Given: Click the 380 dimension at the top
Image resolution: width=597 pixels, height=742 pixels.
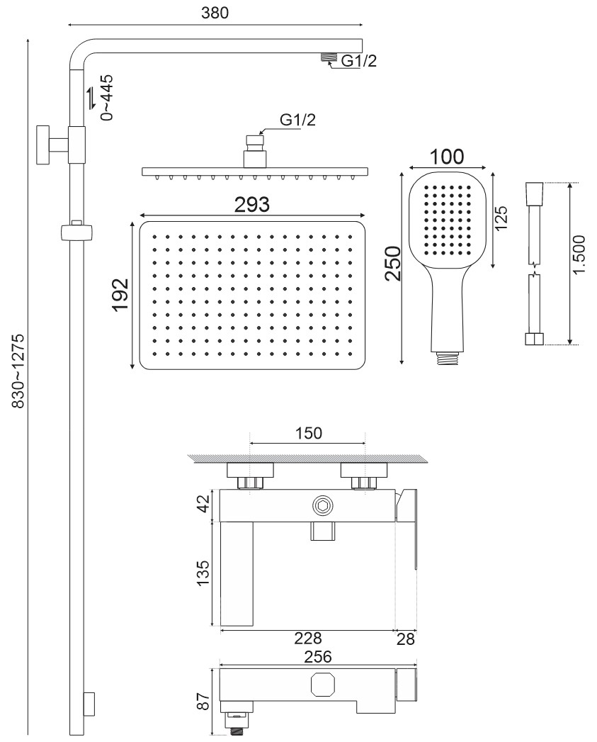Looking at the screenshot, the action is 215,13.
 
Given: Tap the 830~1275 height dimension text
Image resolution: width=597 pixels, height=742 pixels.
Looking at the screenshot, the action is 18,371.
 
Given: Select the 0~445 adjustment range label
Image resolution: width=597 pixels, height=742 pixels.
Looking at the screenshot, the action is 108,97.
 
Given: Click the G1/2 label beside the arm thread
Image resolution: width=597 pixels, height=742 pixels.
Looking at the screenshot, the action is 359,60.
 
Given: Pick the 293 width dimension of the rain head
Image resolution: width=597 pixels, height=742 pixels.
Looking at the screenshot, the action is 252,204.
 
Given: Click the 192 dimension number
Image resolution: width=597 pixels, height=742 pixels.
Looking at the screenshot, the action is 120,294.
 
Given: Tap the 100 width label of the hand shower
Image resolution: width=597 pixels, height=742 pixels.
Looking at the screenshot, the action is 447,157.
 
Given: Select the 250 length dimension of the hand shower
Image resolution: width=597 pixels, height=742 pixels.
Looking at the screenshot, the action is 392,264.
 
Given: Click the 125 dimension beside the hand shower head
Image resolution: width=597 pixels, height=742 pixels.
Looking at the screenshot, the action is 501,218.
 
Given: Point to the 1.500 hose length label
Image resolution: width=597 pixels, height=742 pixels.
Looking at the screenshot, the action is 579,254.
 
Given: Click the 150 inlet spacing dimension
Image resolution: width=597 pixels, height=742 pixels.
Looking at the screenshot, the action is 309,433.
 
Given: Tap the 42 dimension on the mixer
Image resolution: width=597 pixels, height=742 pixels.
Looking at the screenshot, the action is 203,503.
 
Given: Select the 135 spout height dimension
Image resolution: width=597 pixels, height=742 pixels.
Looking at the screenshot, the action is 203,573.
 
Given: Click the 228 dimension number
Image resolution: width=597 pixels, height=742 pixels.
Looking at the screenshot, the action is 308,639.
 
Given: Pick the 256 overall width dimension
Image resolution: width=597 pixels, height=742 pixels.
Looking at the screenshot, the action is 318,656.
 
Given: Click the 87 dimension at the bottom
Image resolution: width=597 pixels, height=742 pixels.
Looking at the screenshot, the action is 203,702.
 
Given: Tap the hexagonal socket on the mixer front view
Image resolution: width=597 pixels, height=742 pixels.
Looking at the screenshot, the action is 323,505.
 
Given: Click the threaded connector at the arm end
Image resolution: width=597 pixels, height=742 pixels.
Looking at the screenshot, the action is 329,57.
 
